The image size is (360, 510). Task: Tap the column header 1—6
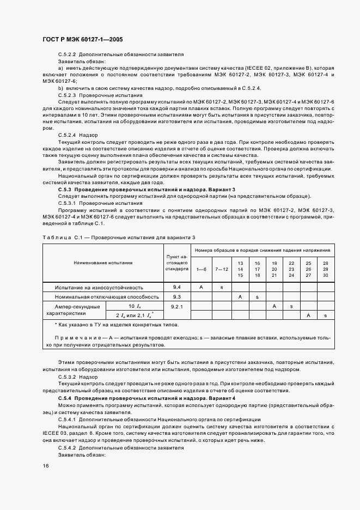click(x=202, y=269)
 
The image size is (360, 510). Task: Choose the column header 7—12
click(x=222, y=269)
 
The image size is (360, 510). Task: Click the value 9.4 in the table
click(x=177, y=286)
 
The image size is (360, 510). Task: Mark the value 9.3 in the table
click(x=177, y=296)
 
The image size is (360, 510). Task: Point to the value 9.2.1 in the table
click(x=177, y=307)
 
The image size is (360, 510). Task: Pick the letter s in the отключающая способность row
click(x=257, y=296)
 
